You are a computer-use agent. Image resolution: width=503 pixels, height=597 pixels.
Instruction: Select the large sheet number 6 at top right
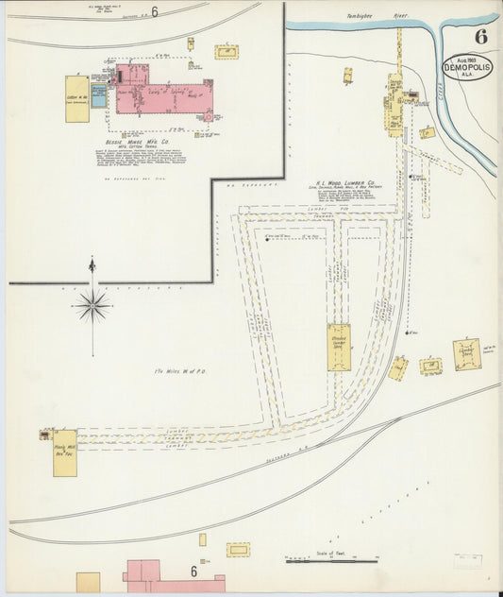coord(481,38)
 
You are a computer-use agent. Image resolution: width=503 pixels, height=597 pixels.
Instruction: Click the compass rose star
coord(92,304)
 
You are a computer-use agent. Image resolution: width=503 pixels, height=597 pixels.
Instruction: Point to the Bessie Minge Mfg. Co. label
coord(136,143)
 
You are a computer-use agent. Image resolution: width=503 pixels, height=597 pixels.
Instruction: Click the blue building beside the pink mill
coord(99,95)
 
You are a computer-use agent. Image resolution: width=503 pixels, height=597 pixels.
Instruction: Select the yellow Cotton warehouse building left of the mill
coord(76,99)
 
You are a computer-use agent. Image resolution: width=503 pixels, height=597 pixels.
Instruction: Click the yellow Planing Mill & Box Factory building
coord(65,452)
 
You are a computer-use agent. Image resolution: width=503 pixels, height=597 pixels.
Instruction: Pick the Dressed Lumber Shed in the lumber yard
coord(339,347)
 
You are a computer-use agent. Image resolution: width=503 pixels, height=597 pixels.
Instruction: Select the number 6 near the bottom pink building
coord(193,571)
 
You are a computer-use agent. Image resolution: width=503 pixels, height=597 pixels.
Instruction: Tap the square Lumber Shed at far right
coord(466,354)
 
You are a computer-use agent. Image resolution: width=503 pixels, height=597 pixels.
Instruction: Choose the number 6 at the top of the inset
coord(154,11)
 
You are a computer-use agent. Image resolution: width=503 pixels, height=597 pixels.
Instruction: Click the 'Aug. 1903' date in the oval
coord(467,59)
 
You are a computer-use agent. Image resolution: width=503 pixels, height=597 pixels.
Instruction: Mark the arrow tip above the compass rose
coord(92,259)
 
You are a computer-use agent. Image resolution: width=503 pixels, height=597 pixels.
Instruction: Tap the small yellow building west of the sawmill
coord(347,75)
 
